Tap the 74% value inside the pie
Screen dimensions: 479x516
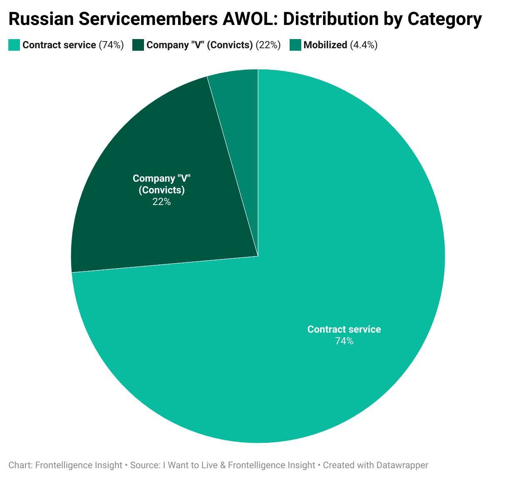pos(344,341)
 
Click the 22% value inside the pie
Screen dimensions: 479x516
pos(161,202)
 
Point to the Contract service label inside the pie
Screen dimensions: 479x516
pos(344,329)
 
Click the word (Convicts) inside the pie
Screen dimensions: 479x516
pos(161,190)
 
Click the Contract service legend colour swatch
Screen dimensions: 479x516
pos(14,45)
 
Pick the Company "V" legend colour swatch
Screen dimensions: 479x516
pos(138,45)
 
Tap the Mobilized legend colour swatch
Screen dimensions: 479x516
pos(295,45)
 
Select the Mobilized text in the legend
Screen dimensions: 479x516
pos(325,45)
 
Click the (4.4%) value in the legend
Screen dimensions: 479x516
pos(364,45)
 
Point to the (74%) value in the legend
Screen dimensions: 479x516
pos(111,45)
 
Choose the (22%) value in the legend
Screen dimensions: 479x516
pos(268,45)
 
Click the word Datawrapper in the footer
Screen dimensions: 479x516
pos(402,465)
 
